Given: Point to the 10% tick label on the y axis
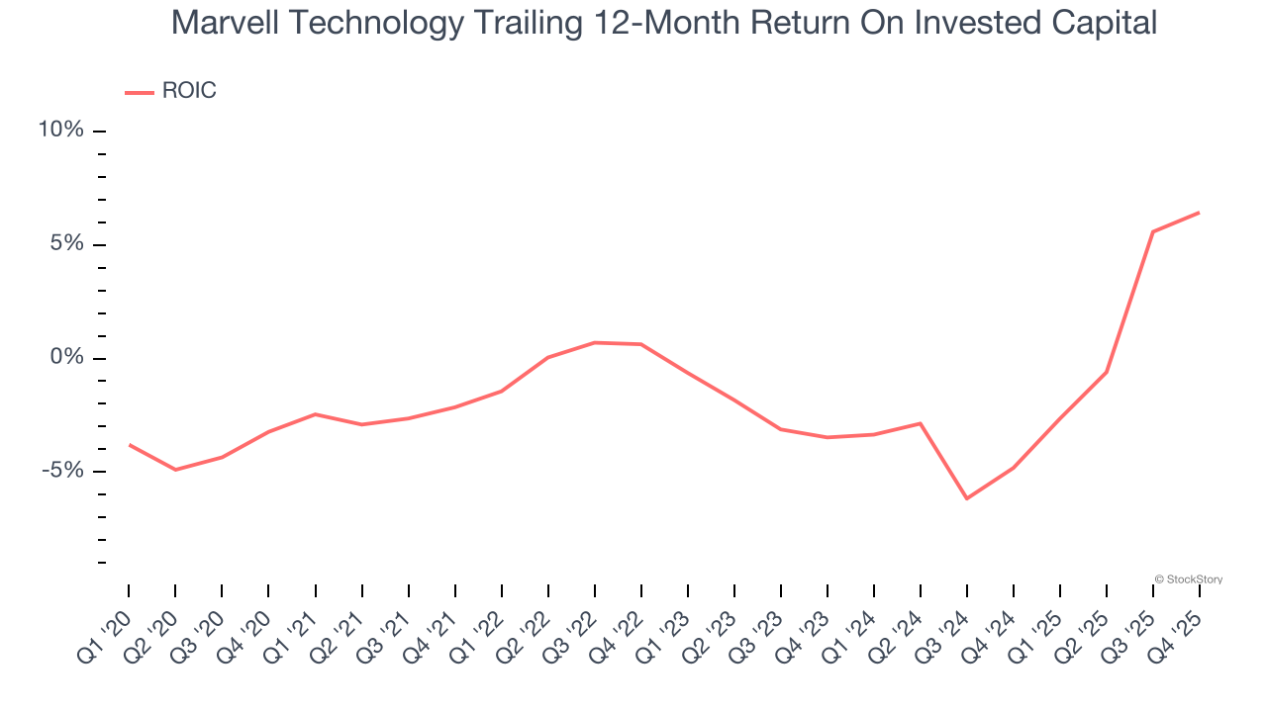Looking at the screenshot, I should click(61, 131).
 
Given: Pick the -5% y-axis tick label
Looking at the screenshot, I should click(62, 471).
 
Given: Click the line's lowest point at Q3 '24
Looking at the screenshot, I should click(967, 498).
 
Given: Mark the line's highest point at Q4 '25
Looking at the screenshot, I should click(1200, 213).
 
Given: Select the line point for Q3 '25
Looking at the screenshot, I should click(1153, 231).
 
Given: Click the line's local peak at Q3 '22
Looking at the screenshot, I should click(594, 342).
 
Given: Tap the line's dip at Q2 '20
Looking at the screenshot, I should click(175, 470).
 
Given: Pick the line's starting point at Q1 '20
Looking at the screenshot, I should click(129, 444).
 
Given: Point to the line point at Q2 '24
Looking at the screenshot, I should click(921, 423).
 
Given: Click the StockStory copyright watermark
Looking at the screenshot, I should click(1189, 579).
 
